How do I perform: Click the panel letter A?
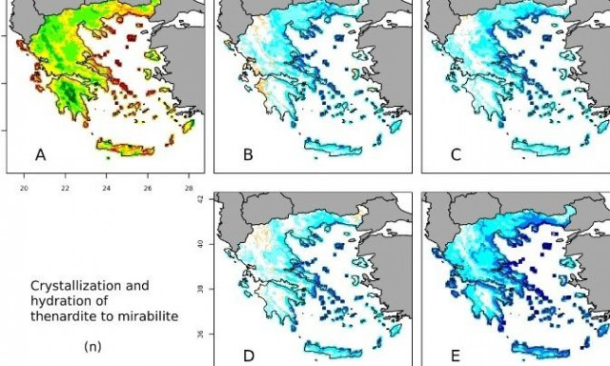pos(40,154)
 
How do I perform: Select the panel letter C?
pos(456,154)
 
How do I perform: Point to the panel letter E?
pos(456,355)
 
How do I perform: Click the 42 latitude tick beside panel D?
pos(200,200)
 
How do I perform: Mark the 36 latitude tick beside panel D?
pos(200,334)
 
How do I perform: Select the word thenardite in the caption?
pos(61,312)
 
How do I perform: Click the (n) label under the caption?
pos(92,346)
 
